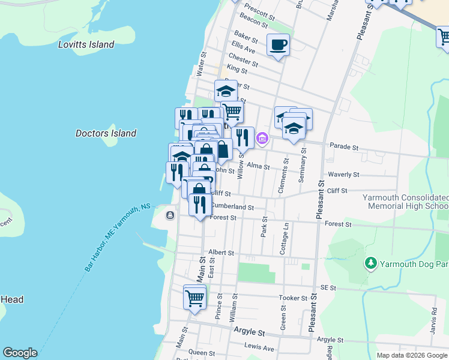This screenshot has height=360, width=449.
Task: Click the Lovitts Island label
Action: coord(86,44)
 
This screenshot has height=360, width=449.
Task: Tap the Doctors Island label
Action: coord(106,133)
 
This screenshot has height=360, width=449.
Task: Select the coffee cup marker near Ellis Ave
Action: coord(278,45)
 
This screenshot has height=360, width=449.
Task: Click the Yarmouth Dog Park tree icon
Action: coord(371,263)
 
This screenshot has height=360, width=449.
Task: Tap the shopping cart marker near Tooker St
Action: coord(194,297)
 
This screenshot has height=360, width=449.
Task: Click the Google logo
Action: coord(20,353)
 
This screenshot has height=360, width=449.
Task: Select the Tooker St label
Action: coord(293,298)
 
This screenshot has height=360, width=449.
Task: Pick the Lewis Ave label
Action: coord(259,347)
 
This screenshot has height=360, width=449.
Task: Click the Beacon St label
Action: coord(253,22)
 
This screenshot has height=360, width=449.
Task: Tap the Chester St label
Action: coord(244,61)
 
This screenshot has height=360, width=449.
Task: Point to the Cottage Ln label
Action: coord(285,239)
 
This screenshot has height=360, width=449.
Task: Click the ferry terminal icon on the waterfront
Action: coord(171,215)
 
